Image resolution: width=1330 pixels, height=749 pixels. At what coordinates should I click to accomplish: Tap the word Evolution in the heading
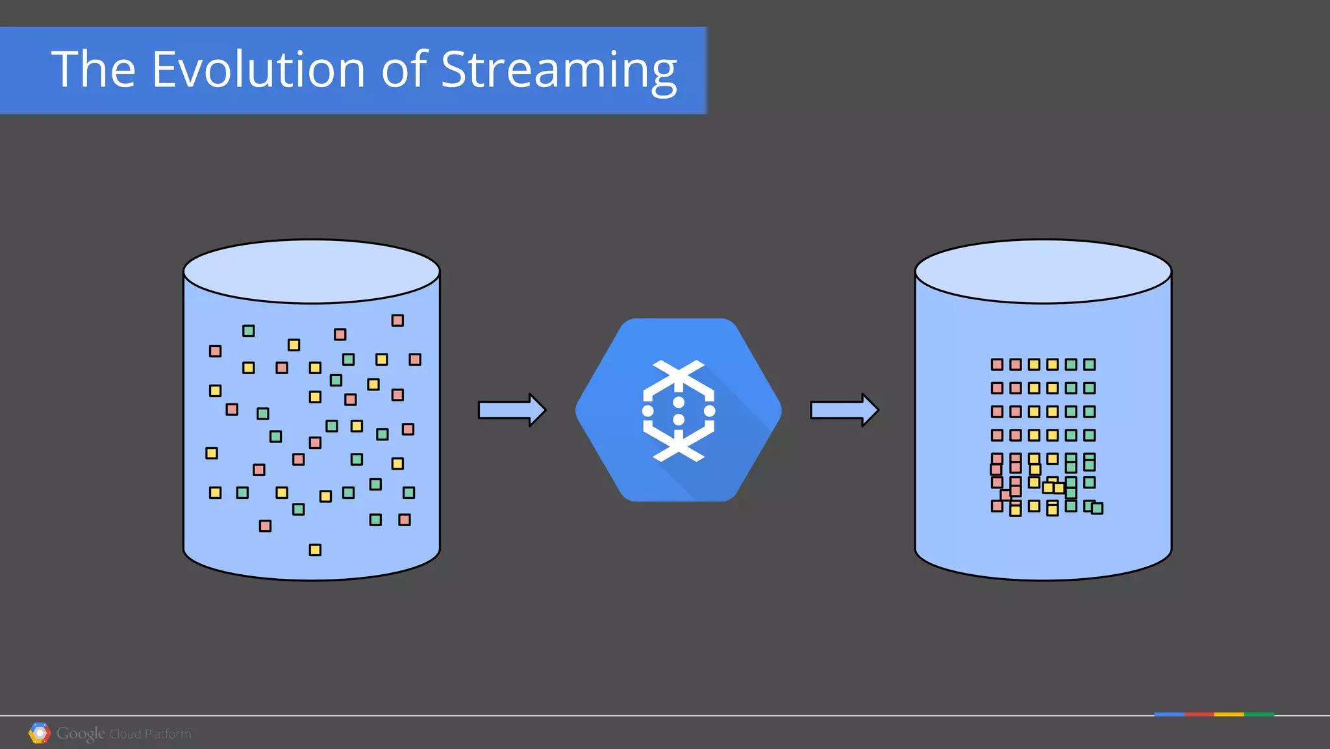click(x=258, y=70)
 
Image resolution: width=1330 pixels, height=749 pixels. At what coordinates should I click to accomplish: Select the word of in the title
click(x=404, y=70)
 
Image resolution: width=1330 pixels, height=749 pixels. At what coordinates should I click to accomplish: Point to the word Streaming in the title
click(x=558, y=71)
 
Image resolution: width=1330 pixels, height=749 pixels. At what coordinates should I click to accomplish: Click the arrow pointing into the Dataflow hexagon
click(x=512, y=410)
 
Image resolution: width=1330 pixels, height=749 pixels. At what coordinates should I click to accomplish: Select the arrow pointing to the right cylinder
click(x=844, y=410)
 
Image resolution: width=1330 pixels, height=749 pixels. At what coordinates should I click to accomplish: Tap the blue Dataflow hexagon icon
click(x=678, y=410)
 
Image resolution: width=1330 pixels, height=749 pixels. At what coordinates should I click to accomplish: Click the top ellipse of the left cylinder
click(x=312, y=272)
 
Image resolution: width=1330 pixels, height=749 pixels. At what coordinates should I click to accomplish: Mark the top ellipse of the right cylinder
click(x=1043, y=272)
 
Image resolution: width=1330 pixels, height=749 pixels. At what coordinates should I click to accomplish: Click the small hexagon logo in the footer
click(x=40, y=733)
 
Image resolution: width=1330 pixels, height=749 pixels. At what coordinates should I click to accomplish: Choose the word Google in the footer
click(x=81, y=733)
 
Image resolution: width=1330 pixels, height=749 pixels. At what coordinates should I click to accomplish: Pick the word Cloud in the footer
click(x=125, y=734)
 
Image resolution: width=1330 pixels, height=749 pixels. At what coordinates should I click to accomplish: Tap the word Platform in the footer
click(x=168, y=734)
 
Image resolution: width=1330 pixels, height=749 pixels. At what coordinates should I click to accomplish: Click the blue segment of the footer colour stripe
click(x=1169, y=715)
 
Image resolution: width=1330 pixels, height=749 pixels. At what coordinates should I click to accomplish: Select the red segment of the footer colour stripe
click(x=1199, y=715)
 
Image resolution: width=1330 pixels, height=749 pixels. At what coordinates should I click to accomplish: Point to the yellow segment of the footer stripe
click(x=1229, y=715)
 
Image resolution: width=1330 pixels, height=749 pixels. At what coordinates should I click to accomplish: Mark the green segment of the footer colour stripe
click(x=1259, y=715)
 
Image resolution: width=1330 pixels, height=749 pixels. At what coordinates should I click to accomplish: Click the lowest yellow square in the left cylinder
click(x=315, y=550)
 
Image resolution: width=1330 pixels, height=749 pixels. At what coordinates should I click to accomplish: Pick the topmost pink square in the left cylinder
click(x=397, y=320)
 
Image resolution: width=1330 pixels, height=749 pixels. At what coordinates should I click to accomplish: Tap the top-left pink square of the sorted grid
click(x=997, y=364)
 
